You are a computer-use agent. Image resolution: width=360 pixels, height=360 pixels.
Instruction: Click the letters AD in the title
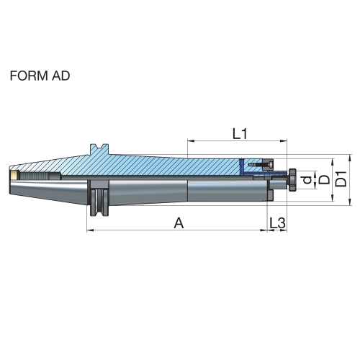point(60,76)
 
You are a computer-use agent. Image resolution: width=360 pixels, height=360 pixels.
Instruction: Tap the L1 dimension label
point(240,134)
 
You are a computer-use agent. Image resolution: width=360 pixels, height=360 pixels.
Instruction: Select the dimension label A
point(179,223)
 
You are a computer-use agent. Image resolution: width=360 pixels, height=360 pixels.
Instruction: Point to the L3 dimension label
point(277,223)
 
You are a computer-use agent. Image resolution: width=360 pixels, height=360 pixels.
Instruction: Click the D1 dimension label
point(341,179)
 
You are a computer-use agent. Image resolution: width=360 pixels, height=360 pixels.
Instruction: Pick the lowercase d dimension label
point(307,179)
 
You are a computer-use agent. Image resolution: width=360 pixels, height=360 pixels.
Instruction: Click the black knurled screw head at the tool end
point(292,180)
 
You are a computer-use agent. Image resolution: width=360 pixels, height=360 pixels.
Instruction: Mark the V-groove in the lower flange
point(99,202)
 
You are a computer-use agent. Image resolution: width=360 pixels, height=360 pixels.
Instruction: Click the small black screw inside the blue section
point(261,165)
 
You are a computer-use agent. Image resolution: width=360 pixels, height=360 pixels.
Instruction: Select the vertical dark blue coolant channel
point(241,166)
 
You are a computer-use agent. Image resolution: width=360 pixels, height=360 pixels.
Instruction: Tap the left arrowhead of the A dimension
point(90,230)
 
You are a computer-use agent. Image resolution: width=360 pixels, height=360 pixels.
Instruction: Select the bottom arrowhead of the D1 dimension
point(350,202)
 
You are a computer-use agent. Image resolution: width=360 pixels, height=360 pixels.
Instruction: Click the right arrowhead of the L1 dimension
point(284,141)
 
